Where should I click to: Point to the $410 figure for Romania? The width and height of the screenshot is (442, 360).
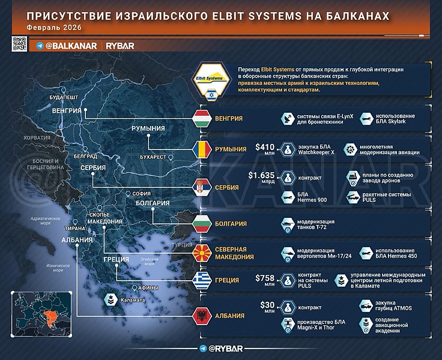click(x=265, y=146)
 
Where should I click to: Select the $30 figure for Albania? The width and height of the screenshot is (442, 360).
click(x=267, y=304)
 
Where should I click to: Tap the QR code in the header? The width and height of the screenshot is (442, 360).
click(x=19, y=44)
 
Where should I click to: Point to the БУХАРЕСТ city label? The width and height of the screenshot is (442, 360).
click(x=152, y=157)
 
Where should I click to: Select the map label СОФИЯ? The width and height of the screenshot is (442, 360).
click(x=142, y=194)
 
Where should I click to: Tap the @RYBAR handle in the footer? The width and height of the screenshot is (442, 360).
click(x=222, y=349)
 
